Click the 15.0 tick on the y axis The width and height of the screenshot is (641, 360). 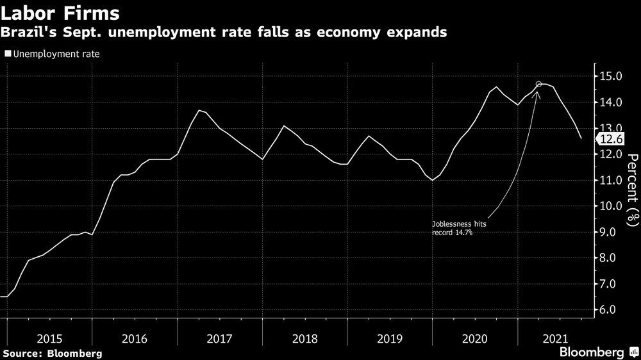tap(610, 76)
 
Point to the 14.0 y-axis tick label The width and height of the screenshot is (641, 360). tap(610, 102)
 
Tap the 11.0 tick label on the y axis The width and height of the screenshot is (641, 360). tap(610, 180)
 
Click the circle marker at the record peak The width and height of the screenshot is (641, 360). tap(538, 85)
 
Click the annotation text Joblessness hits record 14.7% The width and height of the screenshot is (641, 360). tap(455, 228)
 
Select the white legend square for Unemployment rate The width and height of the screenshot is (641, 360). tap(8, 54)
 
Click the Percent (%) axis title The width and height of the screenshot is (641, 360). tap(632, 190)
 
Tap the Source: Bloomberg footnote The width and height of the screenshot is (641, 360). tap(52, 353)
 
